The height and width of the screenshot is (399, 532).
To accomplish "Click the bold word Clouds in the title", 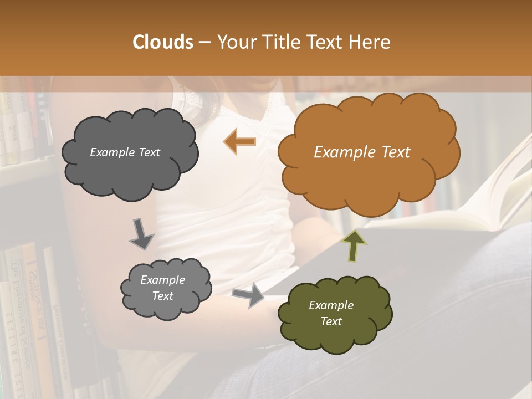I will click(163, 42).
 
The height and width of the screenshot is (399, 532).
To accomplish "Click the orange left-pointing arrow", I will click(240, 141).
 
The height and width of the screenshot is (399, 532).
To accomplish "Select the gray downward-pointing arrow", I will click(141, 234).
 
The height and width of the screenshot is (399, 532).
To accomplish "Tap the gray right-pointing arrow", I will click(249, 295).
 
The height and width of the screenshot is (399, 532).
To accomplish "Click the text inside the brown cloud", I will click(362, 152).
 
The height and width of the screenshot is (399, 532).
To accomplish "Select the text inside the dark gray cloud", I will click(125, 152).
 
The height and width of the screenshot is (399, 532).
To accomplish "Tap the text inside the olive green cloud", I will click(331, 313).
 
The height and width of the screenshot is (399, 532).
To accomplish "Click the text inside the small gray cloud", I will click(162, 288).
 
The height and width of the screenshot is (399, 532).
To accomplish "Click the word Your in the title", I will click(236, 42).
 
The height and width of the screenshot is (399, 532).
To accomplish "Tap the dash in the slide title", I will click(204, 42).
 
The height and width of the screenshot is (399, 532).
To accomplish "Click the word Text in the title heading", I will click(328, 42).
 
